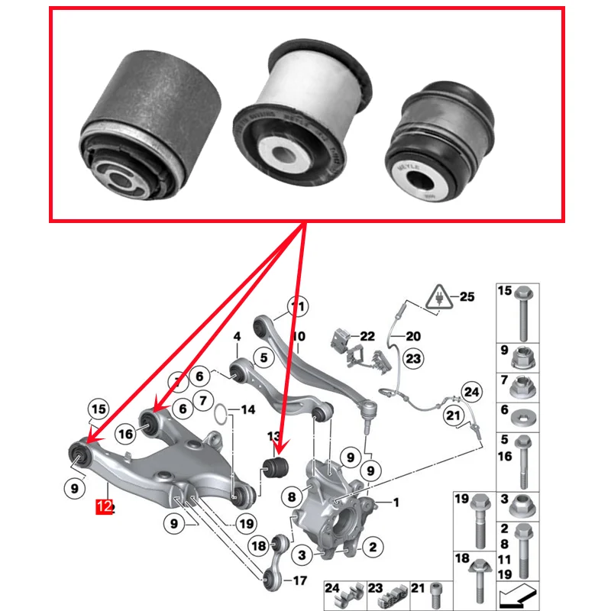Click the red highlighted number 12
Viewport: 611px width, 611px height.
(x=105, y=506)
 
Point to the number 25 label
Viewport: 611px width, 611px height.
(x=467, y=296)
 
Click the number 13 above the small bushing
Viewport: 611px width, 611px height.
(x=273, y=436)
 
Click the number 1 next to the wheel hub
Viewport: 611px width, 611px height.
(x=396, y=502)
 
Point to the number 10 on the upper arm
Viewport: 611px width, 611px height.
(x=298, y=336)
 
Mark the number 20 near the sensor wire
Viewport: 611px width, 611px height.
(x=413, y=336)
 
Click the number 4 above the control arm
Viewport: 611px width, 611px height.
(x=237, y=336)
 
